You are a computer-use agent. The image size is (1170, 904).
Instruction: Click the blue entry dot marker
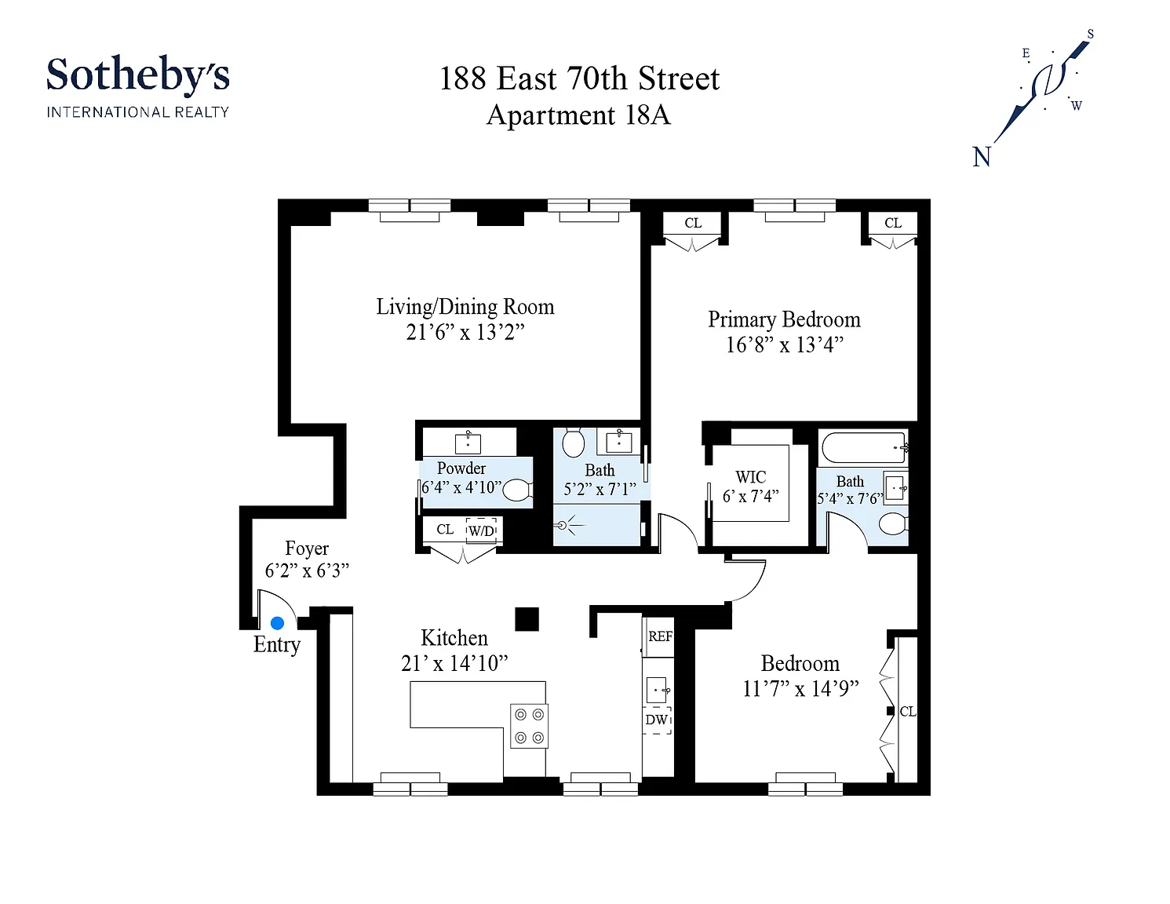point(277,623)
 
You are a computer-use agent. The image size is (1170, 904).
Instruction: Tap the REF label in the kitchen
point(660,636)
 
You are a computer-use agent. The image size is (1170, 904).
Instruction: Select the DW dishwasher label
point(656,720)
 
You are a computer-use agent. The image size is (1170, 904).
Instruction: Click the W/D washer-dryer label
point(481,531)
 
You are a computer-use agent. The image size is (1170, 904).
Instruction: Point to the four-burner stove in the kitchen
point(529,726)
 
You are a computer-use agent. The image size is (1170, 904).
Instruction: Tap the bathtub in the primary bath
point(864,447)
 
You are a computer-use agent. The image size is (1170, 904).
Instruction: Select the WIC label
point(750,477)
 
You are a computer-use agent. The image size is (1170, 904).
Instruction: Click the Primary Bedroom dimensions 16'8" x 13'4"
point(785,344)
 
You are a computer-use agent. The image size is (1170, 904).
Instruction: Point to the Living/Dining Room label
point(465,306)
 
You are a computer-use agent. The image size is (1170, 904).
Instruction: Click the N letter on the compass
point(982,157)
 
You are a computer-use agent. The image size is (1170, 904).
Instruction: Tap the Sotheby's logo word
point(138,75)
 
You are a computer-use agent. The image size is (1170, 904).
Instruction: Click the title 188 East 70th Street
point(579,78)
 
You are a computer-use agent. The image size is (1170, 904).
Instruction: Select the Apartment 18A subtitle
point(579,115)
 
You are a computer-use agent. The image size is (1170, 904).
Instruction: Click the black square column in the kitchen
point(527,619)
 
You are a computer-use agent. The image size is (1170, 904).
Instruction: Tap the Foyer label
point(307,548)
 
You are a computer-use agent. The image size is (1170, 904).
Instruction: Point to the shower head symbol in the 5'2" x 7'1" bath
point(563,525)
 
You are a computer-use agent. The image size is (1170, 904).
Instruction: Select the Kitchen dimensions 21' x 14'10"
point(454,663)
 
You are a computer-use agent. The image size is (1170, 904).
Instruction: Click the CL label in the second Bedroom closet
point(908,711)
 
